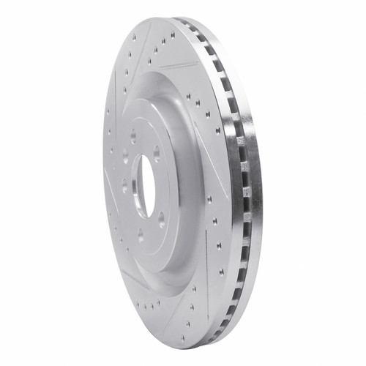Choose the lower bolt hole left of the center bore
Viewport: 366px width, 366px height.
click(124, 187)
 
